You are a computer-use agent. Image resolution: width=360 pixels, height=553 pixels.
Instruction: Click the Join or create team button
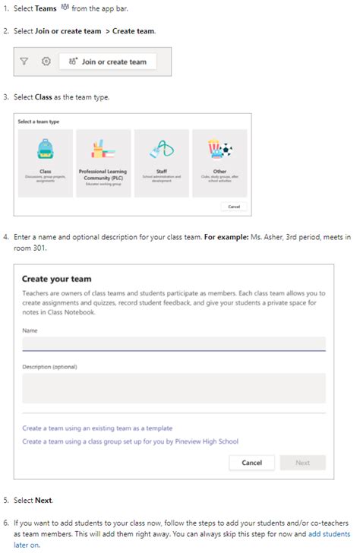click(108, 62)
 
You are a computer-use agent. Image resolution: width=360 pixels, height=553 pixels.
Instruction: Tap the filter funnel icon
click(25, 62)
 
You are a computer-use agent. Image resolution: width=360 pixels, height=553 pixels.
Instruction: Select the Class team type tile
click(45, 163)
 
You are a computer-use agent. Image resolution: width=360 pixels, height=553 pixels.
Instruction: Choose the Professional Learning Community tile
click(103, 163)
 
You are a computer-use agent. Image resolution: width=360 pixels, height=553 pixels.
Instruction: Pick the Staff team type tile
click(161, 163)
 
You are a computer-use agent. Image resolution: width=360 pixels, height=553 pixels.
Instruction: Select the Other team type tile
click(219, 163)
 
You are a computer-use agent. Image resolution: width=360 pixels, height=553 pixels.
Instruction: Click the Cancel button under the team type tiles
click(233, 207)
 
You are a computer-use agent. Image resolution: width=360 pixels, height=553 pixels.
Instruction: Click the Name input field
click(174, 343)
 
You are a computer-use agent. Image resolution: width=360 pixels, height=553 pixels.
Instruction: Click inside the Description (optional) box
click(174, 387)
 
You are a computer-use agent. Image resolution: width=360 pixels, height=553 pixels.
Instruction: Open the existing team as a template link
click(97, 428)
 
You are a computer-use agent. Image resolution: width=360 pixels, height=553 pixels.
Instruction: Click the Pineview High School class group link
click(130, 441)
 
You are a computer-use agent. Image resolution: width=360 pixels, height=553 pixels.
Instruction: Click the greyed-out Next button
click(302, 462)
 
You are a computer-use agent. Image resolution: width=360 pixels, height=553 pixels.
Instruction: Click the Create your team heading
click(57, 279)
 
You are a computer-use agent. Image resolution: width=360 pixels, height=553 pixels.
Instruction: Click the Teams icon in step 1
click(64, 8)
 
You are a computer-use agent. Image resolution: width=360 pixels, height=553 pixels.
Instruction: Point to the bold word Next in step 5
click(43, 501)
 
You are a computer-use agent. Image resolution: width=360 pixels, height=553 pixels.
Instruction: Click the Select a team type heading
click(39, 122)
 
